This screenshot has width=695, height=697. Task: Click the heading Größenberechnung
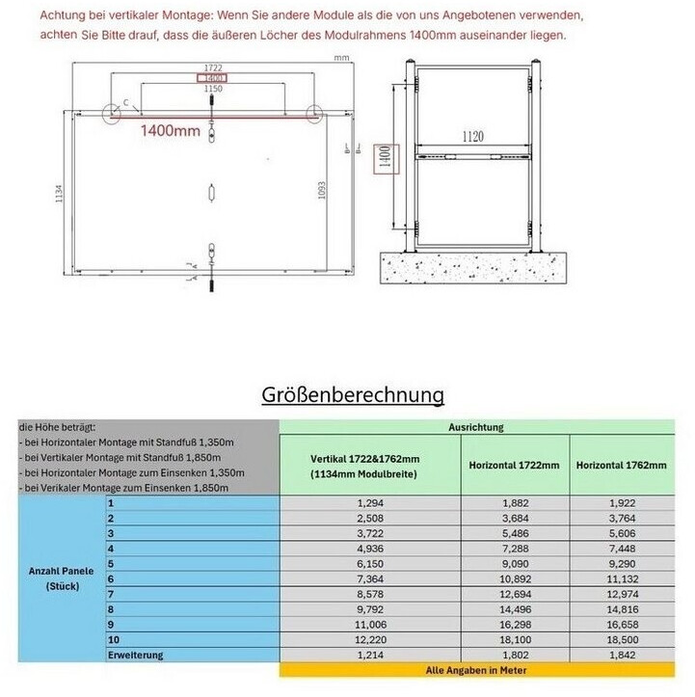354,395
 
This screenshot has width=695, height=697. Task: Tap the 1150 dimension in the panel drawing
212,88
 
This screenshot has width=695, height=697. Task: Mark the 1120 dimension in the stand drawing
471,139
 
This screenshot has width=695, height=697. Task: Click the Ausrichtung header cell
476,426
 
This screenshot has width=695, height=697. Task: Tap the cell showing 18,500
621,639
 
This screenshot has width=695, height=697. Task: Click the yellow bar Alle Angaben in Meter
476,669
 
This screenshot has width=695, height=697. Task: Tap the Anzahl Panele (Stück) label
60,577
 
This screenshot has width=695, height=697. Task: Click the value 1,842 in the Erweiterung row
621,655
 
